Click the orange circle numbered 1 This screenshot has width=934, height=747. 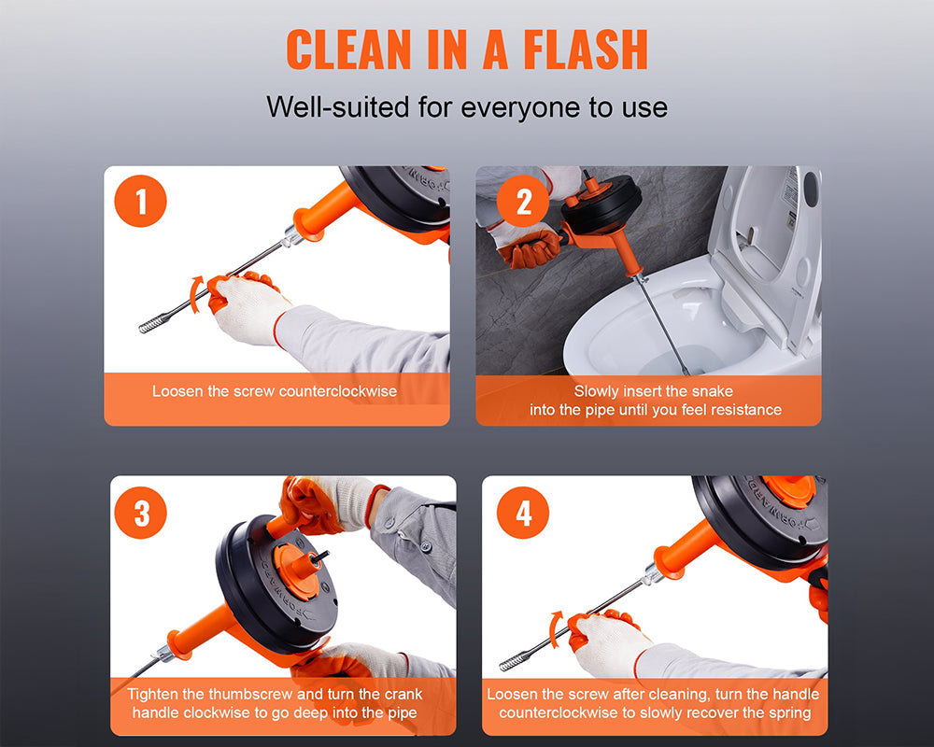tap(141, 202)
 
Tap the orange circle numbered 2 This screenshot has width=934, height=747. tap(523, 202)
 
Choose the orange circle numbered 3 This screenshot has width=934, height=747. tap(142, 513)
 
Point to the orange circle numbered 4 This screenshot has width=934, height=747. tap(523, 513)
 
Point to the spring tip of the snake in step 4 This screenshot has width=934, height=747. tap(516, 662)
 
